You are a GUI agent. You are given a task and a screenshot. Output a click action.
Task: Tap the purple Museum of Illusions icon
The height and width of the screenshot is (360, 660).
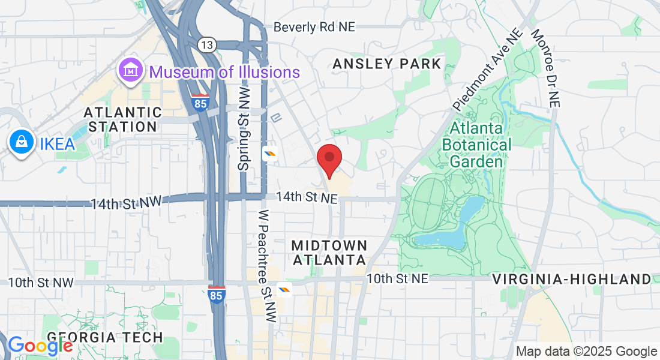[x=130, y=72]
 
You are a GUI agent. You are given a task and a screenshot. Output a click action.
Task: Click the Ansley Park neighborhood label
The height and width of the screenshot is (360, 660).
[x=387, y=64]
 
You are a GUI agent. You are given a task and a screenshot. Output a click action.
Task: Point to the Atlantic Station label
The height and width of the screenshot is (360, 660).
[x=122, y=119]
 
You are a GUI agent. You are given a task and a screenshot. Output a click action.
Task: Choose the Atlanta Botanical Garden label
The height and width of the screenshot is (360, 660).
[x=476, y=145]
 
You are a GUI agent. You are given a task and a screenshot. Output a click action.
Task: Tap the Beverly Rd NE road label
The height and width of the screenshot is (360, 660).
[x=314, y=27]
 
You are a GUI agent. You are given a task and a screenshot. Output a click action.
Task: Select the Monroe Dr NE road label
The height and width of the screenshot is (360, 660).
[x=545, y=68]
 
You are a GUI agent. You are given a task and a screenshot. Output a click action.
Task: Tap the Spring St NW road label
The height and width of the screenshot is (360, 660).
[x=243, y=128]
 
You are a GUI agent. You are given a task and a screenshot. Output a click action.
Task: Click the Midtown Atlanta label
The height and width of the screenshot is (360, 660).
[x=329, y=253]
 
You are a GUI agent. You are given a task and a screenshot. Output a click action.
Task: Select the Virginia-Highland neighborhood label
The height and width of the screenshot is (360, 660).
[x=571, y=279]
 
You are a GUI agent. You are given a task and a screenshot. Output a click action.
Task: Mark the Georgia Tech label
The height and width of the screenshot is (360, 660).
[x=104, y=337]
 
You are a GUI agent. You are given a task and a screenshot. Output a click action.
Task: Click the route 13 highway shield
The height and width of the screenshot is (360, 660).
[x=207, y=44]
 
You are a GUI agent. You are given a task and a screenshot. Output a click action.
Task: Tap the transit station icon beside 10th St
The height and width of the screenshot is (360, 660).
[x=284, y=290]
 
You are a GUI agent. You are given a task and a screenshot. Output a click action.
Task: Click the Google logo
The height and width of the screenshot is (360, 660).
[x=40, y=345]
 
